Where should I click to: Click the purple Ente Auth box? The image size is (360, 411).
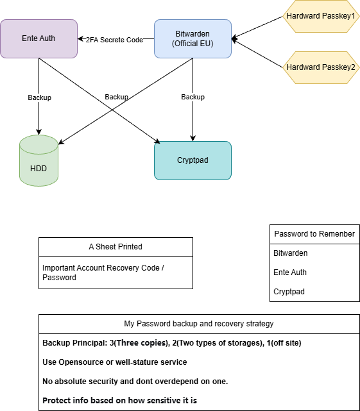39,38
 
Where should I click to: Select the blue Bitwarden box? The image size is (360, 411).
193,38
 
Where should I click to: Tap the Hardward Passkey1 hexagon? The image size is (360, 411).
320,15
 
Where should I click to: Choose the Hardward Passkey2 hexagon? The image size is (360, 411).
320,67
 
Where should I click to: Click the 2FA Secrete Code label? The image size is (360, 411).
114,40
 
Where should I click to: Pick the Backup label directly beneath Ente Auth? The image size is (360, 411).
39,97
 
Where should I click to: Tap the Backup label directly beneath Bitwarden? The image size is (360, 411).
193,97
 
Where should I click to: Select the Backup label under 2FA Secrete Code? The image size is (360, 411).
116,97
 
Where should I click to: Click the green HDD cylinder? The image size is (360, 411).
39,161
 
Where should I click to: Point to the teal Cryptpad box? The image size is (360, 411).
193,160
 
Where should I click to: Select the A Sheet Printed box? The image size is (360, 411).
116,247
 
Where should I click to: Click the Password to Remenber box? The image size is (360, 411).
314,234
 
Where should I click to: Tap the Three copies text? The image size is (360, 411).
141,343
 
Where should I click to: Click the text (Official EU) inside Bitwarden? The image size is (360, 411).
193,44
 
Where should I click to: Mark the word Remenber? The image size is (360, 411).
336,234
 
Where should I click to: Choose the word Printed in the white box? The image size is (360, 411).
128,247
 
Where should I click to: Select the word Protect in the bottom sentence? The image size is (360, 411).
56,401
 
